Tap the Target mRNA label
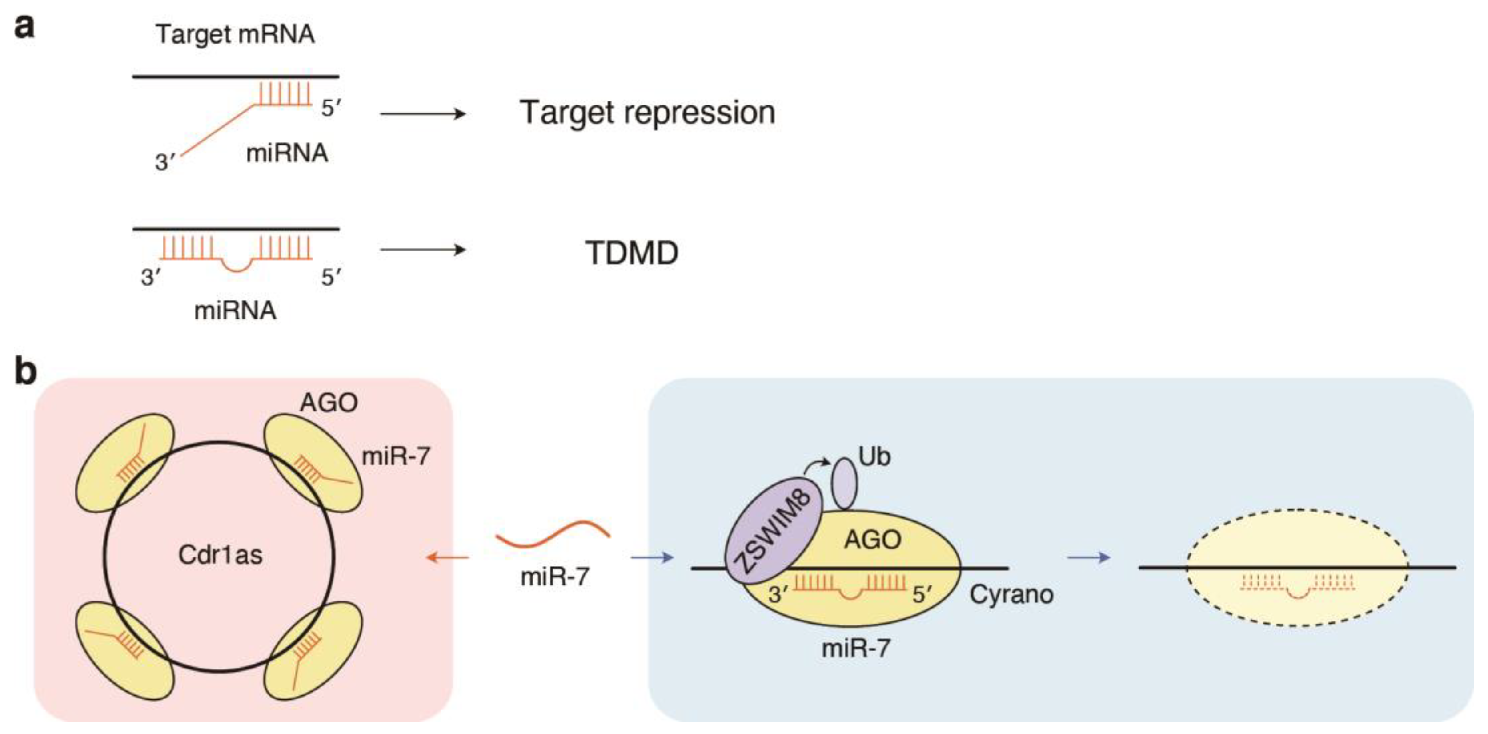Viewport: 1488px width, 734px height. coord(235,34)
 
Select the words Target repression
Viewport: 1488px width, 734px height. coord(647,112)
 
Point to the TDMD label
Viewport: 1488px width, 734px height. coord(631,253)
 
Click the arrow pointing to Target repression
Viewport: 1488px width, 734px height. coord(422,114)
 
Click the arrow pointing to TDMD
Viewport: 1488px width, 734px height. coord(422,250)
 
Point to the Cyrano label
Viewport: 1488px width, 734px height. coord(1011,594)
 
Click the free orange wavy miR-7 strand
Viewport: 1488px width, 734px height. coord(553,535)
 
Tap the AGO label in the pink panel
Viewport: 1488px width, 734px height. coord(329,403)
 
